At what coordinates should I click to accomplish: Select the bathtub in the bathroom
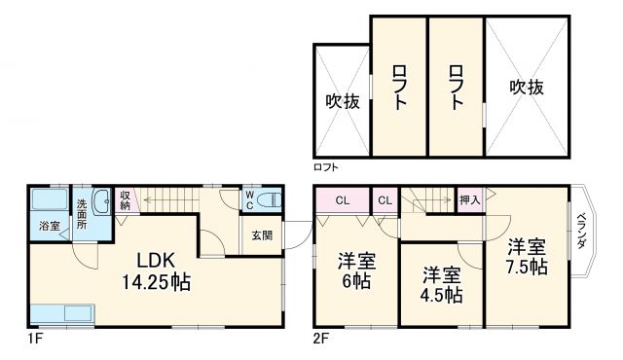click(x=50, y=205)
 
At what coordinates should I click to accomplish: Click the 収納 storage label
click(x=126, y=200)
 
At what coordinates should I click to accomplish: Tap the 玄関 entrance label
click(x=262, y=234)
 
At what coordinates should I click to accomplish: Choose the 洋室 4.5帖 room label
click(x=441, y=284)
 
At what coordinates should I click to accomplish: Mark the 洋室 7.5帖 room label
click(x=526, y=255)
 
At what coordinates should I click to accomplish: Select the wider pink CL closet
click(x=342, y=200)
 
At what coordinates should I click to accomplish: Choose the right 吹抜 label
click(x=525, y=87)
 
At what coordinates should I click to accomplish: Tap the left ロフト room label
click(x=398, y=87)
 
